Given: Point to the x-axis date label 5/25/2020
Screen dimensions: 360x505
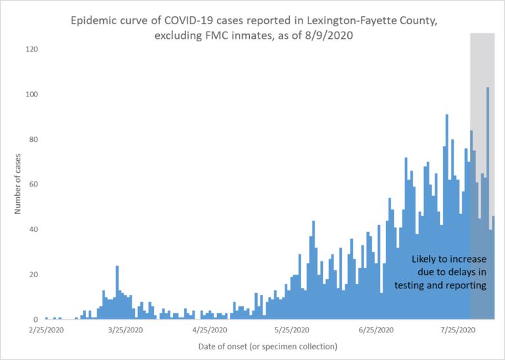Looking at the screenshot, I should click(x=291, y=330).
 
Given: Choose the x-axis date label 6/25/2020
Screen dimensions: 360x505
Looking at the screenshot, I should click(x=375, y=330).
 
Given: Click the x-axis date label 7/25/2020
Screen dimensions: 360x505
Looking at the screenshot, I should click(x=457, y=330).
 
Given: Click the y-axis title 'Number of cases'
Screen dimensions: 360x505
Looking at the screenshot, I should click(x=19, y=184).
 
